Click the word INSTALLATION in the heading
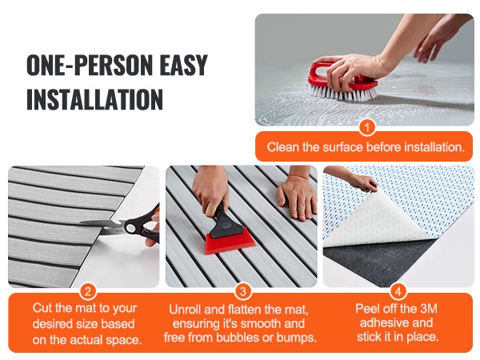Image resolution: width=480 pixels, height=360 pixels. (x=94, y=99)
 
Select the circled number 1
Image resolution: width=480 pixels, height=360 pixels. (x=366, y=127)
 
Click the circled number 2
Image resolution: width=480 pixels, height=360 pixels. (x=88, y=291)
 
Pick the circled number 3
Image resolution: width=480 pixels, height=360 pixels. (x=242, y=291)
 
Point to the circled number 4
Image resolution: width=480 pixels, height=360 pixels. (x=398, y=291)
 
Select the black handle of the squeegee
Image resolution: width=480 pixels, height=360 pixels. (x=222, y=222)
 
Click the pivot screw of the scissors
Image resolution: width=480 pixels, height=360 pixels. (x=130, y=227)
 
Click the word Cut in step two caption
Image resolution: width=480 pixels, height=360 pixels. (x=42, y=308)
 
